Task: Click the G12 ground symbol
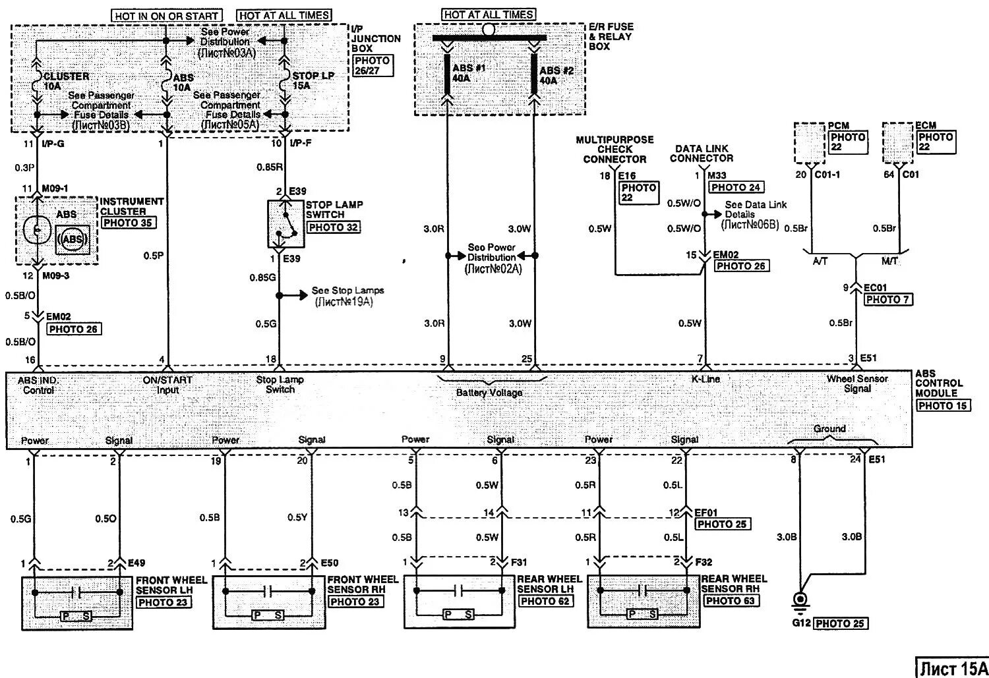click(x=800, y=600)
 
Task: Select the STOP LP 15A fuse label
click(x=313, y=80)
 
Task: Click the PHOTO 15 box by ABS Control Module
click(x=944, y=405)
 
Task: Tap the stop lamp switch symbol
click(x=284, y=223)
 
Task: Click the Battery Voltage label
click(x=489, y=393)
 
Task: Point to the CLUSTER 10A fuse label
click(x=63, y=81)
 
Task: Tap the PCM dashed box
click(x=810, y=142)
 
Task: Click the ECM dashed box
click(x=897, y=142)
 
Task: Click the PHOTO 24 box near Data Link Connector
click(x=736, y=187)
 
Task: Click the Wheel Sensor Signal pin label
click(x=857, y=383)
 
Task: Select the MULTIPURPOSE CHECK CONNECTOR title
click(x=614, y=150)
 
